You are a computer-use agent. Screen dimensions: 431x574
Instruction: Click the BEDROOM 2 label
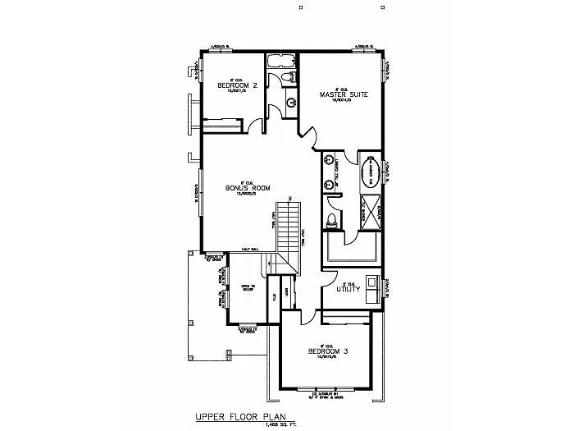(x=237, y=85)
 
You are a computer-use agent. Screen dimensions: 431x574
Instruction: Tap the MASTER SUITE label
(x=343, y=94)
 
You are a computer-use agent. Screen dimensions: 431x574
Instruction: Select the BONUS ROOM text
(x=248, y=188)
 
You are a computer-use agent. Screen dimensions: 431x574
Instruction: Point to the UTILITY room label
(x=348, y=288)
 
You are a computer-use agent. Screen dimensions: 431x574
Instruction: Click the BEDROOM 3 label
(x=328, y=351)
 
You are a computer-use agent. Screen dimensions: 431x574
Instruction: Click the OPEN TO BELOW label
(x=246, y=287)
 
